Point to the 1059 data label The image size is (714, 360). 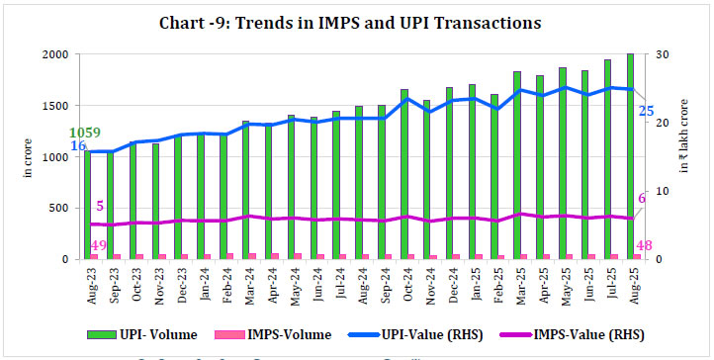pos(86,133)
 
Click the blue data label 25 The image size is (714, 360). pos(645,111)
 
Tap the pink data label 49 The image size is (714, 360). pos(98,245)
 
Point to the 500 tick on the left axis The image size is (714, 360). pos(59,209)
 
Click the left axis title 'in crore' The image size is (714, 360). pos(27,158)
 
